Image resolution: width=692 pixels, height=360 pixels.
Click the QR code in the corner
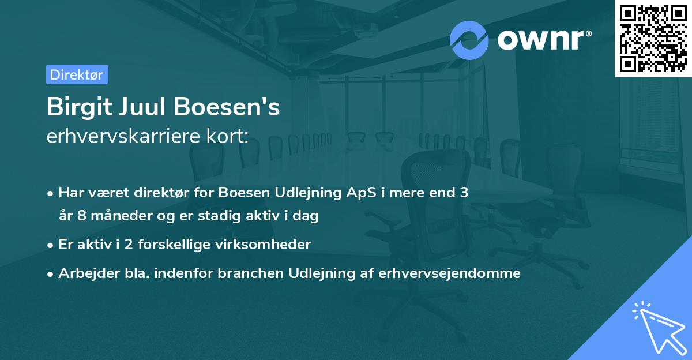653,38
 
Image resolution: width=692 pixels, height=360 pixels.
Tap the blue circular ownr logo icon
469,40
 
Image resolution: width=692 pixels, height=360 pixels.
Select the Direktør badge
77,74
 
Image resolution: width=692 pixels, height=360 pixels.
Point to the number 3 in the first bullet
463,193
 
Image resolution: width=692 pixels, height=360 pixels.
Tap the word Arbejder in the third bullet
84,273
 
